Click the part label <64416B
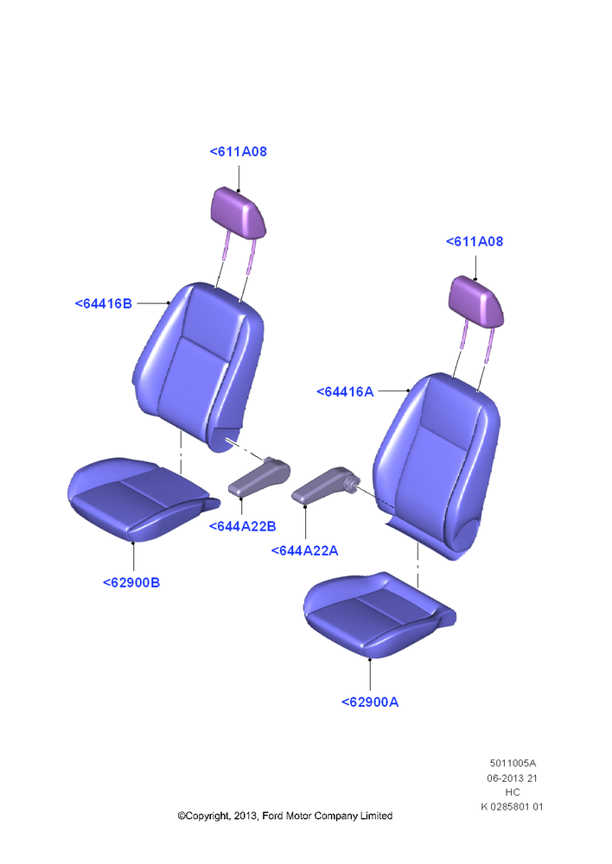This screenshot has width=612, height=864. point(104,303)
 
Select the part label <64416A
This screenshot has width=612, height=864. point(345,391)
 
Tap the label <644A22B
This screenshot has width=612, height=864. point(243,526)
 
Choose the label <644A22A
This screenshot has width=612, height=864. point(305,550)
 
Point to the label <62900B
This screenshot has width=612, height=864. point(131,582)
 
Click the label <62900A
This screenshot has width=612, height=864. point(370,702)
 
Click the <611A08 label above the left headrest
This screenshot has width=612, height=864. point(239,151)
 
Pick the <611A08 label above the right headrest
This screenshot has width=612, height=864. point(475,241)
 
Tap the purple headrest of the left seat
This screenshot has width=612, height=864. point(239,213)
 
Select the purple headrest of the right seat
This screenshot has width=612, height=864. point(476,302)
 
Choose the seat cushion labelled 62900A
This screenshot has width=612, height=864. point(378,614)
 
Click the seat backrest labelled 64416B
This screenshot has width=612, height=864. point(200,366)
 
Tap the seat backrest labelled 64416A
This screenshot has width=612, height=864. point(437,463)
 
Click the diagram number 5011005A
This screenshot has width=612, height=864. point(513,763)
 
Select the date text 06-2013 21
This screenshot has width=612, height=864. point(513,778)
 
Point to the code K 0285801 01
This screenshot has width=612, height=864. point(513,807)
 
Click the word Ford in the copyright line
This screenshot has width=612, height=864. point(272,816)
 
